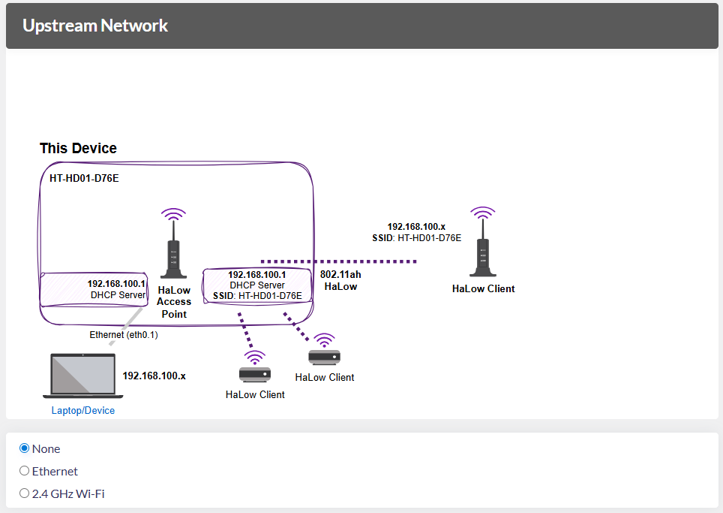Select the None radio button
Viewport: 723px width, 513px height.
[x=25, y=448]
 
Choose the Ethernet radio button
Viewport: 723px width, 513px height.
[x=25, y=471]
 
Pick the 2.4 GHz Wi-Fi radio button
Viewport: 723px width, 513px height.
[x=25, y=493]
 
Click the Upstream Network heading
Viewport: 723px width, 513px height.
[x=95, y=26]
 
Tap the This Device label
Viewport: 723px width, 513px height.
[x=78, y=148]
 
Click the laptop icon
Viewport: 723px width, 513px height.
[x=83, y=375]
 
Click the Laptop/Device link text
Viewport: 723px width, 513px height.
[x=83, y=411]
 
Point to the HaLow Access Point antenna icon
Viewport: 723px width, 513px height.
[x=174, y=244]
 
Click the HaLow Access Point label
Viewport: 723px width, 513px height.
[x=174, y=301]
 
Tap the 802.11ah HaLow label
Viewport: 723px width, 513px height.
[x=340, y=280]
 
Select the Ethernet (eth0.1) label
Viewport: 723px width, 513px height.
[x=124, y=335]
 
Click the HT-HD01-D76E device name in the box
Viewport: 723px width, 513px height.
[x=84, y=179]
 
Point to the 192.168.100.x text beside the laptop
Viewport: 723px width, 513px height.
[x=154, y=376]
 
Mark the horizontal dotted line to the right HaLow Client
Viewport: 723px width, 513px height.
[x=367, y=261]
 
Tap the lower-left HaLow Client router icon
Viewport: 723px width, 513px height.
[x=255, y=367]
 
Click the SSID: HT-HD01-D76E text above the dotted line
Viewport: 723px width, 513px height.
[x=416, y=237]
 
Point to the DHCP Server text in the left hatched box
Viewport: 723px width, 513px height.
[x=118, y=295]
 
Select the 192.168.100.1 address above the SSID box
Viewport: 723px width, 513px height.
[x=257, y=275]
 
